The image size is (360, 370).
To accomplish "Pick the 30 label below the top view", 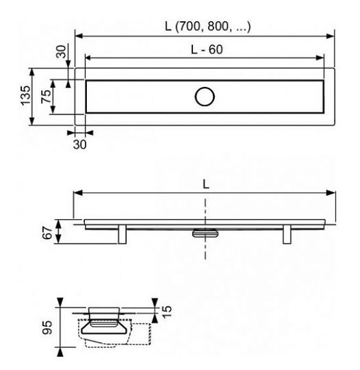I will click(80, 144).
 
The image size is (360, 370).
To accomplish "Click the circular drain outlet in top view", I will click(204, 97).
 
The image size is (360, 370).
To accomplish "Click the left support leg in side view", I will click(124, 235).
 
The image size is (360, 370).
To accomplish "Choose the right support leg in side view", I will click(285, 235).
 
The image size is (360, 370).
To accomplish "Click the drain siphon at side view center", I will click(204, 233).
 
